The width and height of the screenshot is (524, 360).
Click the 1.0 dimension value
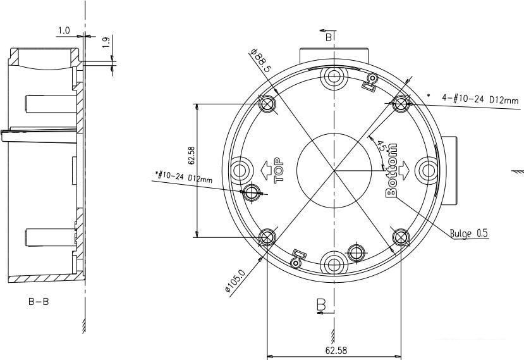click(64, 31)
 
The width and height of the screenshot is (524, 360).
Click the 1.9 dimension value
click(106, 42)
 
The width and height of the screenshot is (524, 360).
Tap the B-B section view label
click(39, 302)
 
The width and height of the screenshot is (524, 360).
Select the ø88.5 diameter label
click(261, 61)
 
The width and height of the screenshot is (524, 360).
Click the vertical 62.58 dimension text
click(192, 156)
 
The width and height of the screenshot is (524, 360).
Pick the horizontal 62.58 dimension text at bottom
click(336, 351)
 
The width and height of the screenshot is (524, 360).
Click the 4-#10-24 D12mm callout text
click(480, 99)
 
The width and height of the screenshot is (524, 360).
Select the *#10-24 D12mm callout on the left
click(184, 177)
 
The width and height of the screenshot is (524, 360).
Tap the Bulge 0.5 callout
click(468, 233)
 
